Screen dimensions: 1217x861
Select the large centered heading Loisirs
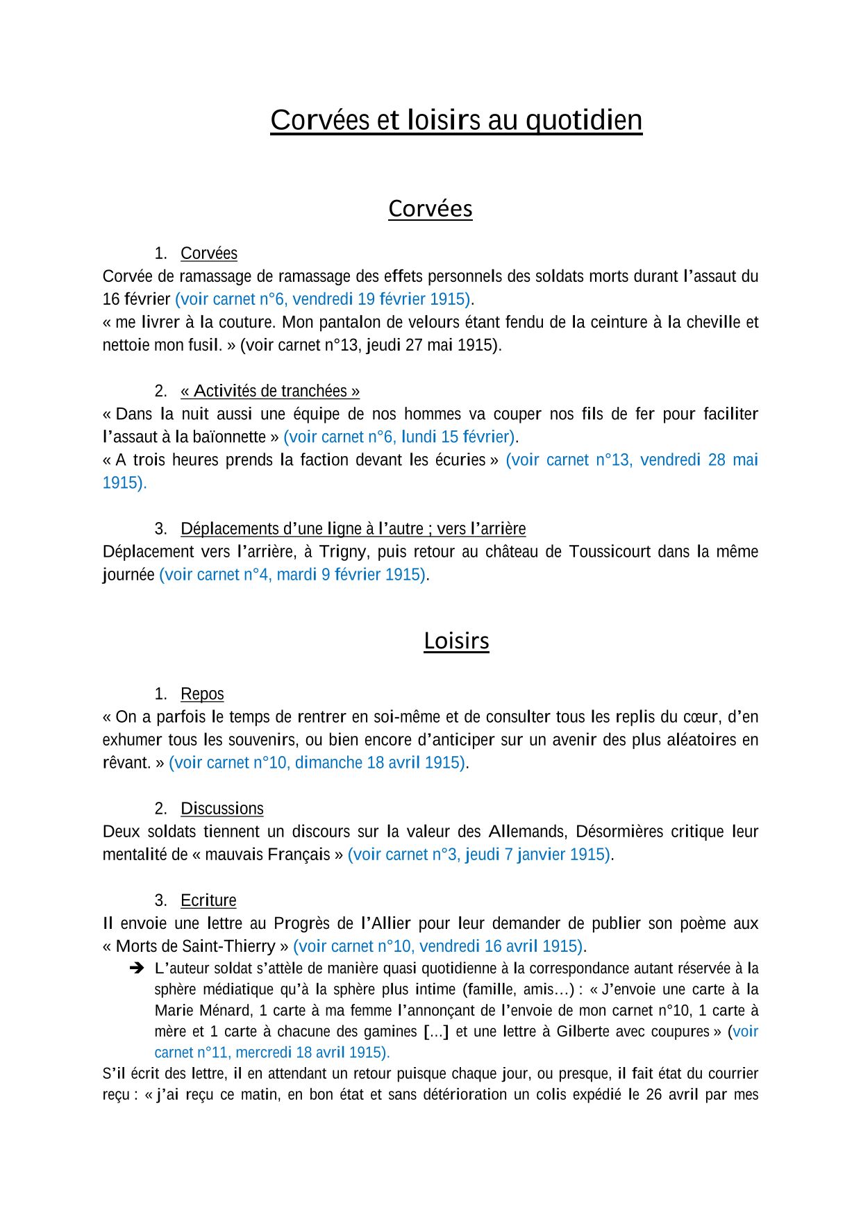456,641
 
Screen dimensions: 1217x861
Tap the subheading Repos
202,694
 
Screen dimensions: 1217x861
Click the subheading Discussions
222,808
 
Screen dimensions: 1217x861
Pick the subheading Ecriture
208,900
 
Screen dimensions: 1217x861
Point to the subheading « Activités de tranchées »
270,391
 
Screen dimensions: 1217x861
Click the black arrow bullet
136,968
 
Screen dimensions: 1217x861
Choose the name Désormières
619,832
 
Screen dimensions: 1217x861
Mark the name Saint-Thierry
228,946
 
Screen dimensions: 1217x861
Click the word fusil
204,345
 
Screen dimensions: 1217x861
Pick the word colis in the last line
551,1095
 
